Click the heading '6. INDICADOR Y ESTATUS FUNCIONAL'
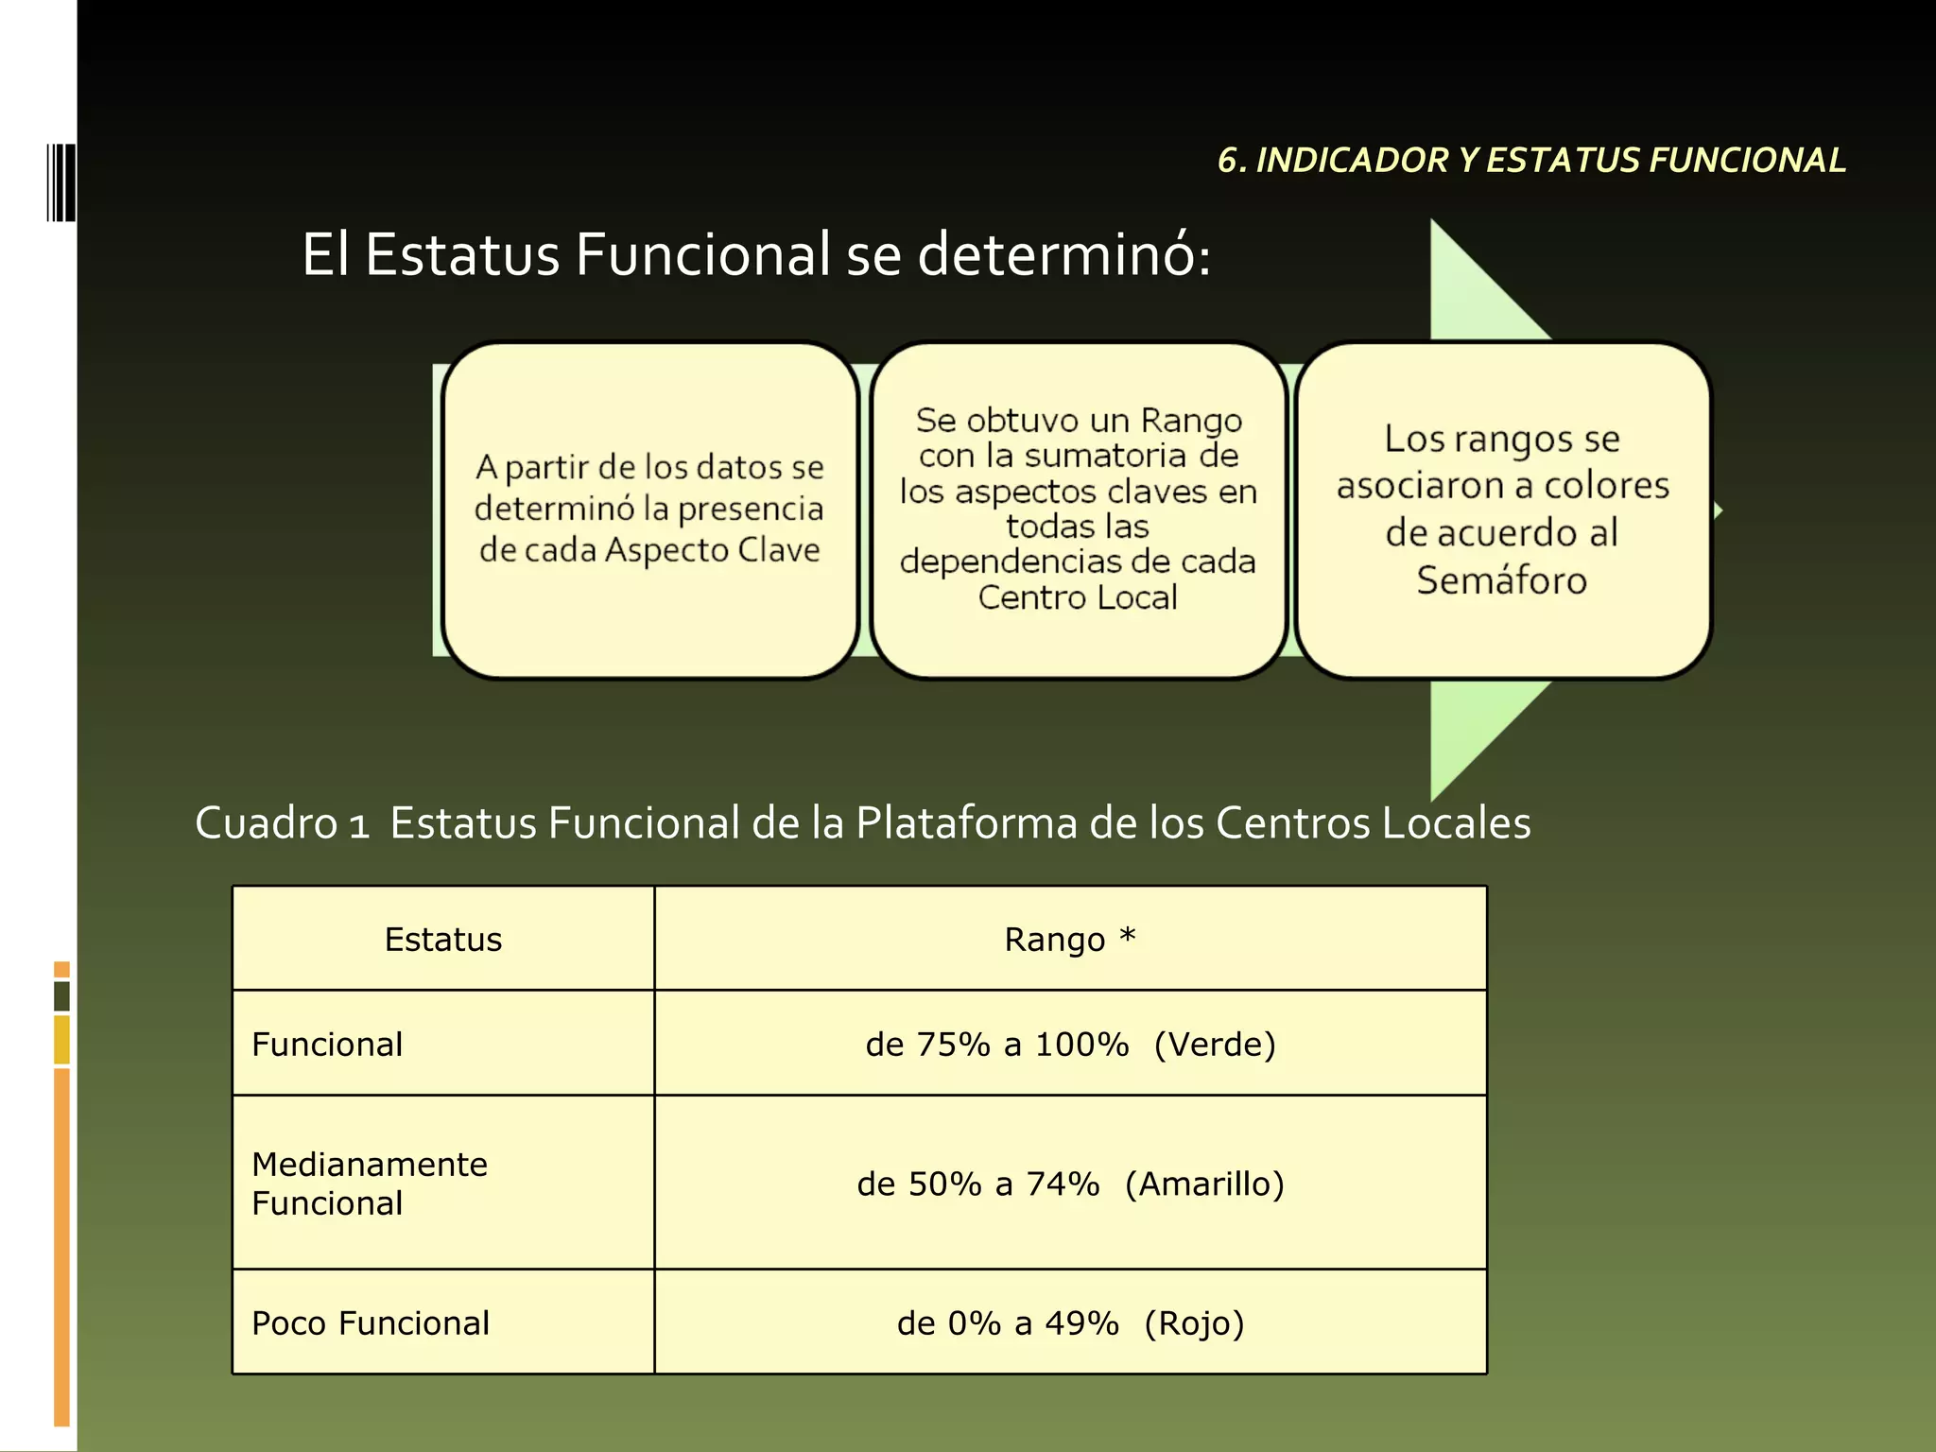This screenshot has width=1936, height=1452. coord(1531,161)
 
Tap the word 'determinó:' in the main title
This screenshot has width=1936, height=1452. coord(1064,255)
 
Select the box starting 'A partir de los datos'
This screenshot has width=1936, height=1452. coord(649,510)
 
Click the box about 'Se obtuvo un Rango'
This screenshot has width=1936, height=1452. coord(1078,510)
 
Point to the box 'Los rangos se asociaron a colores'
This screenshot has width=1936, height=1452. coord(1502,510)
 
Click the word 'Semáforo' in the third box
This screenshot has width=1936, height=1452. coord(1501,580)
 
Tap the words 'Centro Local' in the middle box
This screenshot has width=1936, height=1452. coord(1078,597)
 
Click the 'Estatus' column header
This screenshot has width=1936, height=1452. coord(443,940)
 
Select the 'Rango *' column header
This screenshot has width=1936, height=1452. coord(1070,940)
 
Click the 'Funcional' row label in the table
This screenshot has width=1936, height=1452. coord(327,1045)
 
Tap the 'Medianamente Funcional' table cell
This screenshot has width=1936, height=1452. coord(370,1184)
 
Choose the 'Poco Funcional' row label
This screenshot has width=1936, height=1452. coord(371,1323)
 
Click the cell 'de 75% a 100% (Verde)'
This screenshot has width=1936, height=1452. coord(1070,1045)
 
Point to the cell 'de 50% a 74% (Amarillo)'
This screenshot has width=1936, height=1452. coord(1070,1184)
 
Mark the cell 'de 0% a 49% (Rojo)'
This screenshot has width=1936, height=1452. coord(1070,1323)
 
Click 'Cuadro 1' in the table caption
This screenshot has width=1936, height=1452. coord(281,822)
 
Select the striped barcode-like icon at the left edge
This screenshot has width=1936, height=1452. coord(60,181)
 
